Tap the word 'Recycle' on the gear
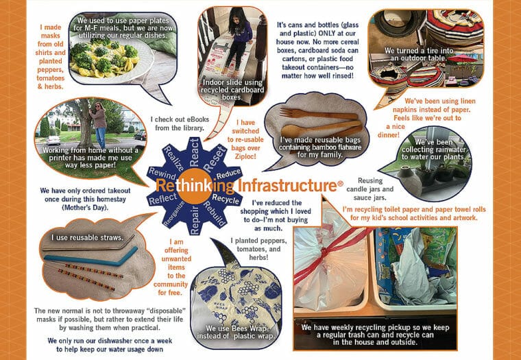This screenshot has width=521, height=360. [x=226, y=198]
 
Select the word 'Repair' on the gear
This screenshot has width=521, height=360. [x=195, y=220]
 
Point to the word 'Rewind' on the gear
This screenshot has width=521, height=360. [x=162, y=174]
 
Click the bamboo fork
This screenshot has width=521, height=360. [x=318, y=115]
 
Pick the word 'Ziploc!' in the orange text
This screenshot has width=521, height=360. [x=245, y=156]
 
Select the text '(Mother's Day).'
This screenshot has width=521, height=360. [x=85, y=207]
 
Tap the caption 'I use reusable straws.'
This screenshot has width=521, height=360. [x=87, y=237]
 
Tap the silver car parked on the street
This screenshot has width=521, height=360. [x=53, y=140]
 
